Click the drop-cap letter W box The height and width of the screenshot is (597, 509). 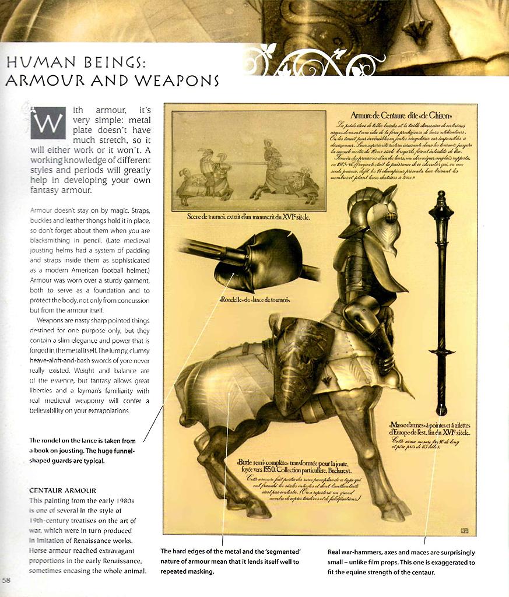click(48, 122)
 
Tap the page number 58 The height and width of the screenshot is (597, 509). click(6, 580)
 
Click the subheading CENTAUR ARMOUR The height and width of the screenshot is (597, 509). click(63, 490)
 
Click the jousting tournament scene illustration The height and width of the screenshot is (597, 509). click(248, 161)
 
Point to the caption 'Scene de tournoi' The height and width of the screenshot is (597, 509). click(248, 217)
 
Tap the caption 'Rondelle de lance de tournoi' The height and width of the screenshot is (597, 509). click(255, 300)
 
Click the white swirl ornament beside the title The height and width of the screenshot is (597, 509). click(315, 60)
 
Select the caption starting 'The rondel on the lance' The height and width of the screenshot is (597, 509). click(83, 450)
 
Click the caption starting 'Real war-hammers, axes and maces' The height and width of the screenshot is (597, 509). click(401, 562)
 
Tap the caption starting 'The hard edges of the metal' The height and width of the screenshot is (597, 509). click(230, 561)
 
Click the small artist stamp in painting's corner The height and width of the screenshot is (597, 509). click(464, 530)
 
